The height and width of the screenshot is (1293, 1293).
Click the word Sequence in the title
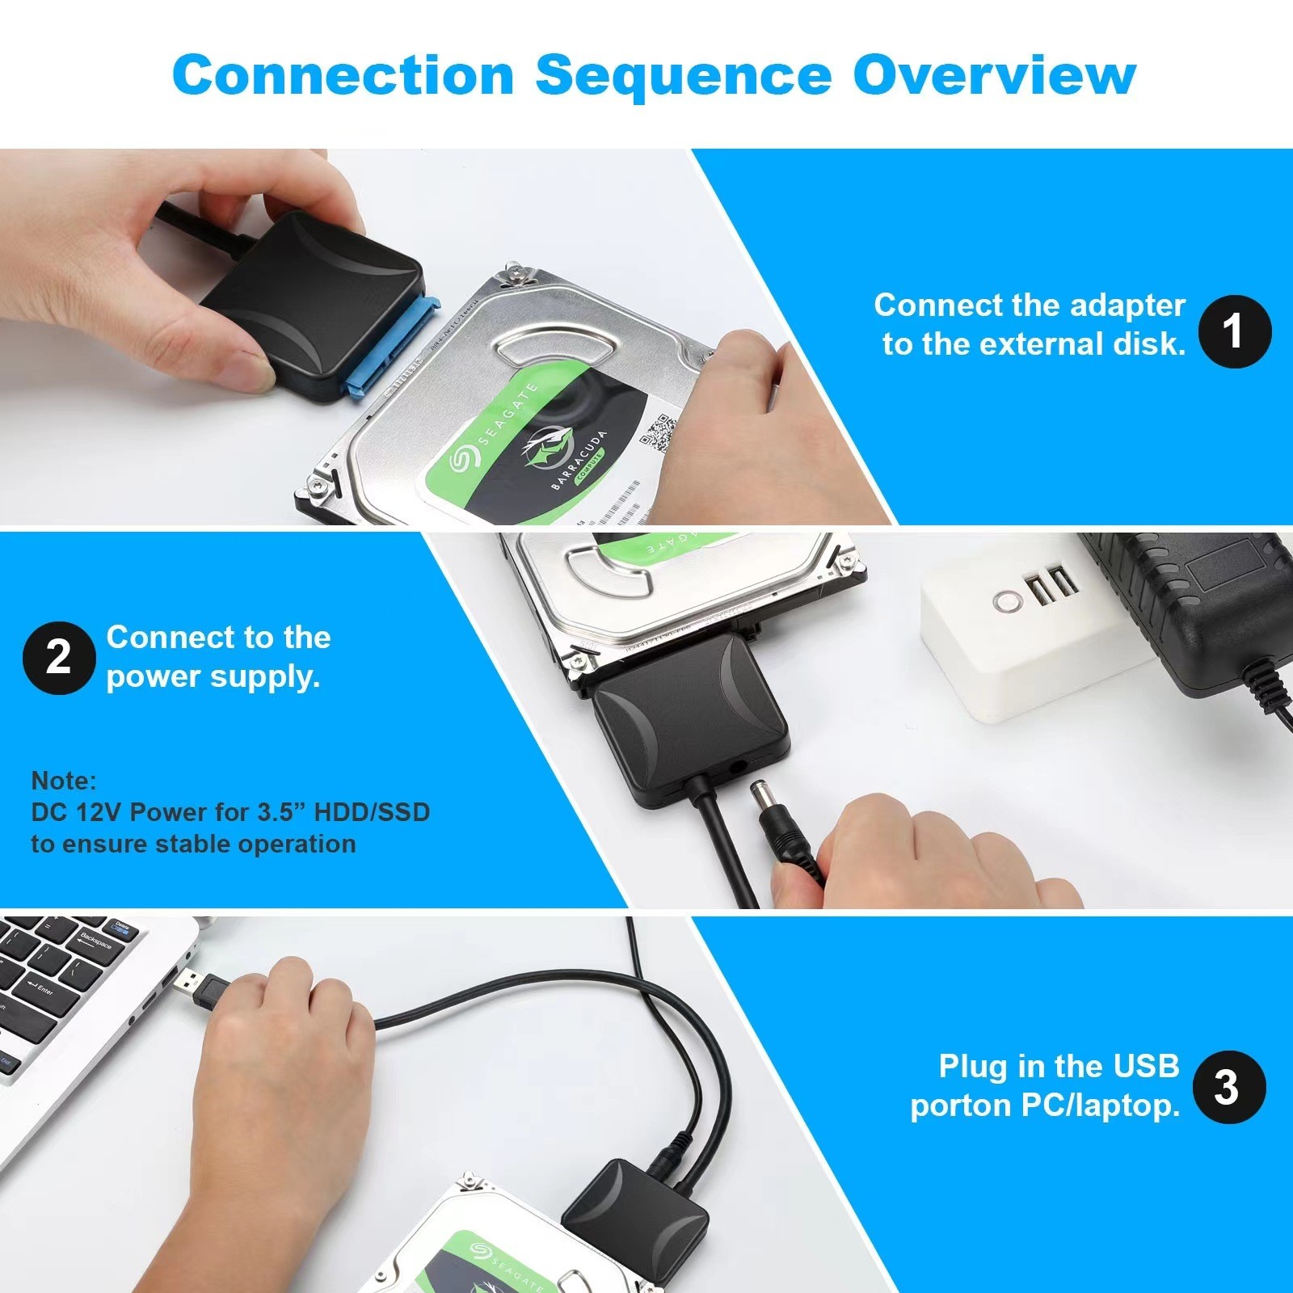pos(683,75)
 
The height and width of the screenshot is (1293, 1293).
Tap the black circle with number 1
pos(1234,331)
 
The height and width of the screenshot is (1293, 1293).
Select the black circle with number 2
pos(58,658)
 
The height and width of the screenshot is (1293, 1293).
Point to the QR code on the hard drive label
pos(657,431)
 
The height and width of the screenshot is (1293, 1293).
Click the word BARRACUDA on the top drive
pos(579,459)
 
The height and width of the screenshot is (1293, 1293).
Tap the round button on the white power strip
pos(1007,601)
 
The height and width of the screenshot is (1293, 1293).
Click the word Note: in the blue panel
pos(63,781)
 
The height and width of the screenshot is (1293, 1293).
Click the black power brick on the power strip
pos(1196,614)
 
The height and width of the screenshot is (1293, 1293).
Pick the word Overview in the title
pos(994,75)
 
